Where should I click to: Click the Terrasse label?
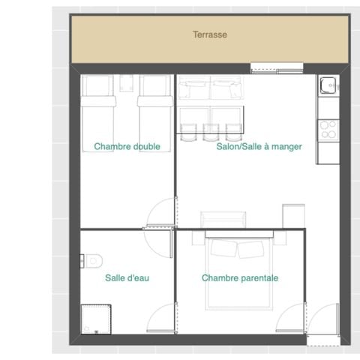pyautogui.click(x=209, y=34)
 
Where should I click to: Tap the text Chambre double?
pyautogui.click(x=127, y=147)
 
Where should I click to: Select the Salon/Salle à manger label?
pyautogui.click(x=259, y=147)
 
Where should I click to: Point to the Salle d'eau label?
pyautogui.click(x=127, y=278)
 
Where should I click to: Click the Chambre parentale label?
pyautogui.click(x=240, y=278)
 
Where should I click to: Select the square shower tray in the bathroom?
pyautogui.click(x=95, y=319)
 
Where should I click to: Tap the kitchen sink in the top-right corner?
pyautogui.click(x=328, y=88)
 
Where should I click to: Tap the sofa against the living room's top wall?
pyautogui.click(x=209, y=90)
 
